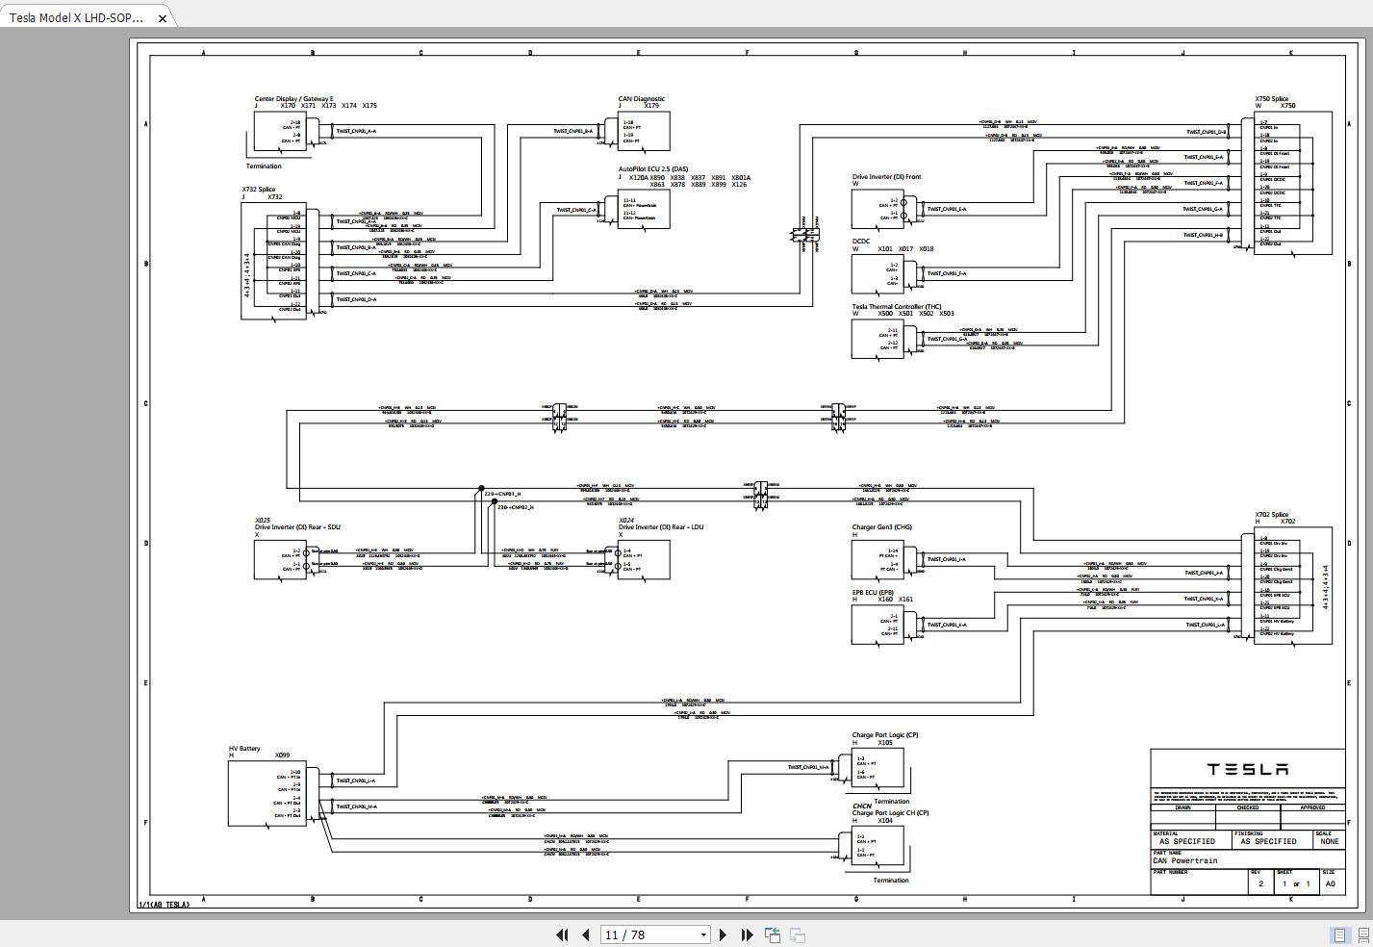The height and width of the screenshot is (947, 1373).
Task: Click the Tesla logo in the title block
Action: pos(1248,769)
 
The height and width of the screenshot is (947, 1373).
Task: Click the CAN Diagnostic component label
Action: pos(641,99)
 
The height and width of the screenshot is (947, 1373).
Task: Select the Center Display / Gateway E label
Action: pos(294,99)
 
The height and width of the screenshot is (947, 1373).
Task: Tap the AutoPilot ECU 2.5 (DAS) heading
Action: pos(653,169)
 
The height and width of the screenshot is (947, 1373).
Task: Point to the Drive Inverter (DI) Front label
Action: pos(886,177)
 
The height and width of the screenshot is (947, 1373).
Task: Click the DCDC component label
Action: pos(861,242)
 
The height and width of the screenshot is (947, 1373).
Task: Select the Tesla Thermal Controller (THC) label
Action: pos(896,307)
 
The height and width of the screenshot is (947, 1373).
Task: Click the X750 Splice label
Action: pos(1271,99)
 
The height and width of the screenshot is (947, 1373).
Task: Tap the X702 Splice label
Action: pos(1271,515)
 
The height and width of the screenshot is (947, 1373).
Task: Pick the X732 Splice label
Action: pos(258,190)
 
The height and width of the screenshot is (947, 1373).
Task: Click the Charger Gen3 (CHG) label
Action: pos(881,527)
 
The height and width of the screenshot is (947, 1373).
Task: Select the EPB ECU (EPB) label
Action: pos(873,593)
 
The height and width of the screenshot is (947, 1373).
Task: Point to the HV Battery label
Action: pos(244,749)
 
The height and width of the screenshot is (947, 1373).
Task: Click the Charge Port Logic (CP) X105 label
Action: pos(884,735)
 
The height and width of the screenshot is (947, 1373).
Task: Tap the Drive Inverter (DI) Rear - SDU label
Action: pos(297,527)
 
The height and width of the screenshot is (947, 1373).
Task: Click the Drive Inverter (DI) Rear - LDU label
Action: pos(661,527)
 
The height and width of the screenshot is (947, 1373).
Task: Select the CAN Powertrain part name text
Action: pos(1184,861)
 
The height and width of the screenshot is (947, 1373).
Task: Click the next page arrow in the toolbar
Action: pos(725,934)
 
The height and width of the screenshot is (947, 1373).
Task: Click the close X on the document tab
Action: pos(163,17)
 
